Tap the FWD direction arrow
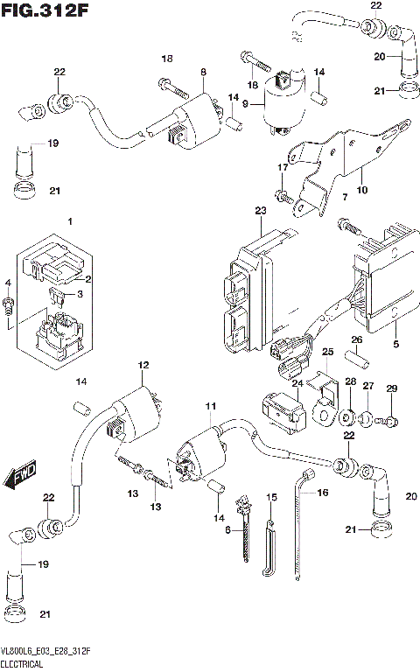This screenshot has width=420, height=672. (x=18, y=476)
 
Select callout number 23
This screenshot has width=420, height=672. (x=260, y=211)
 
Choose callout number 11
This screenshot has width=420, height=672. (x=210, y=408)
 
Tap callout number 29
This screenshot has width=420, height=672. (x=391, y=388)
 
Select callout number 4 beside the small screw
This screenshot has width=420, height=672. (x=9, y=283)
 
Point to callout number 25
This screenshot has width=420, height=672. (x=328, y=352)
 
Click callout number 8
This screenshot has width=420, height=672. (x=202, y=71)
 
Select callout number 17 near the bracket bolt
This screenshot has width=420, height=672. (x=283, y=167)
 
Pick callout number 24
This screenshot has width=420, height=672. (x=297, y=381)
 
